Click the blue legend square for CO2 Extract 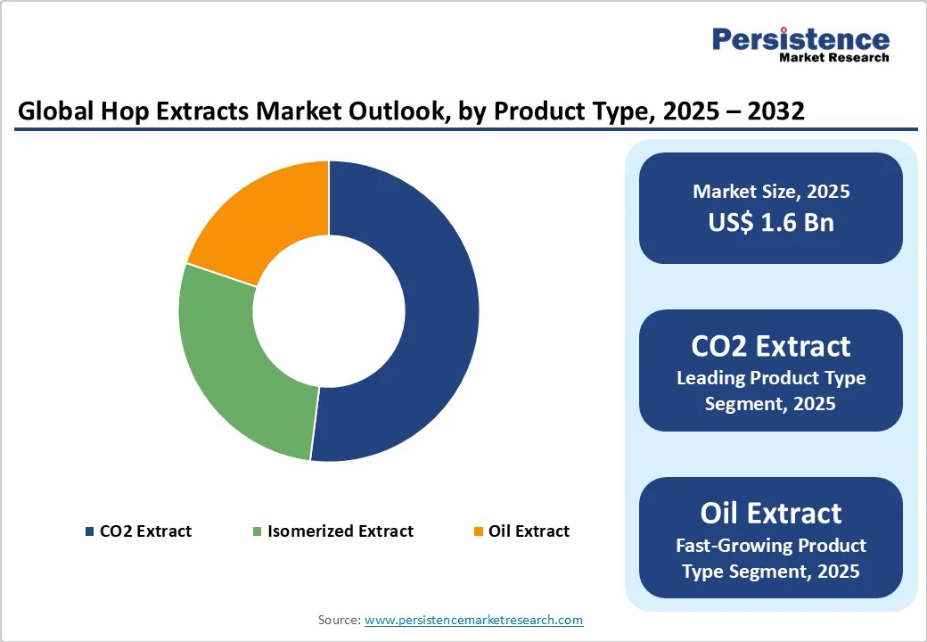(x=89, y=532)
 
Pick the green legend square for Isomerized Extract (x=258, y=532)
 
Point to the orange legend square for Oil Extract (x=479, y=532)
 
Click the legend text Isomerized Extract (x=340, y=531)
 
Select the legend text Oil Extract (x=529, y=531)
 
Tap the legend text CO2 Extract (x=145, y=531)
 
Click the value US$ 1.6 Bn (x=771, y=222)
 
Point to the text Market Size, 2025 (x=771, y=192)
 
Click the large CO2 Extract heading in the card (x=771, y=346)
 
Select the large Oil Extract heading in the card (x=771, y=513)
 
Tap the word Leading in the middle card (x=710, y=378)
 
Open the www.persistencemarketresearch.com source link (x=473, y=620)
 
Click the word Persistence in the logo (x=800, y=39)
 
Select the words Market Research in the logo (x=833, y=58)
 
